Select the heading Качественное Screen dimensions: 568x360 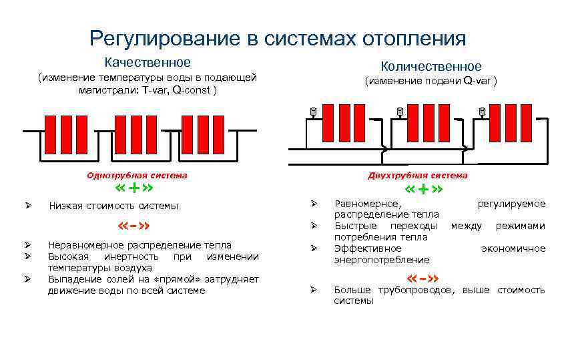pos(147,62)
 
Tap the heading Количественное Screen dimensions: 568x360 pos(431,66)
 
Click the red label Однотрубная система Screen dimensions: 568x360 pos(137,175)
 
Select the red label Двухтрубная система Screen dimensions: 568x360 pos(418,175)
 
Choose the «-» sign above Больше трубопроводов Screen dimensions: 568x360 pos(422,278)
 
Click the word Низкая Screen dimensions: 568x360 pos(65,206)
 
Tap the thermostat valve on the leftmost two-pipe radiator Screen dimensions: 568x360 pos(312,111)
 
